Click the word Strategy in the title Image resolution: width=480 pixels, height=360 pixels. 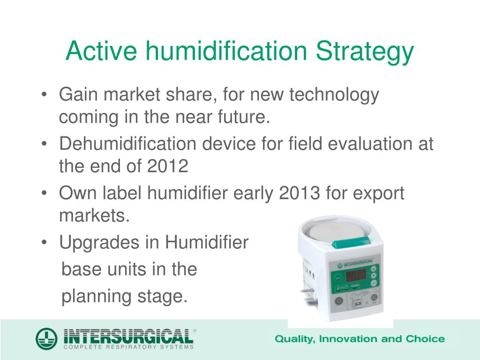(x=365, y=52)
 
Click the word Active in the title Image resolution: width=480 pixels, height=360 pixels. (x=101, y=51)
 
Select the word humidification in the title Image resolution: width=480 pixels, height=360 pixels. (x=226, y=50)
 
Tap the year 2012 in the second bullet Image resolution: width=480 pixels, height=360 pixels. (x=168, y=166)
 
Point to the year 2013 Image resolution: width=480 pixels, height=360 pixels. (x=300, y=193)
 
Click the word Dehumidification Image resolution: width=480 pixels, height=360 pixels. (x=127, y=143)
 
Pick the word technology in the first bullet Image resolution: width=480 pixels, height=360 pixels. (x=334, y=95)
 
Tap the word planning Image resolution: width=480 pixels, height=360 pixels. (x=97, y=297)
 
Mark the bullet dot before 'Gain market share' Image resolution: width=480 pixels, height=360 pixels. (x=44, y=94)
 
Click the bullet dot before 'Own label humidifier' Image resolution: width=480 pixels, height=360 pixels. (x=44, y=194)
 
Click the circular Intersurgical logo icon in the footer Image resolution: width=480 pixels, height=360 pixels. (x=46, y=338)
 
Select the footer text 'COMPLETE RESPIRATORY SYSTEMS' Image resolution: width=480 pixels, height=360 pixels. (x=128, y=347)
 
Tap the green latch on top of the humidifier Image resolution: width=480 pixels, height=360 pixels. (x=352, y=243)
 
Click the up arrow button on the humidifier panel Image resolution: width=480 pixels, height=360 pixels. (x=374, y=269)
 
